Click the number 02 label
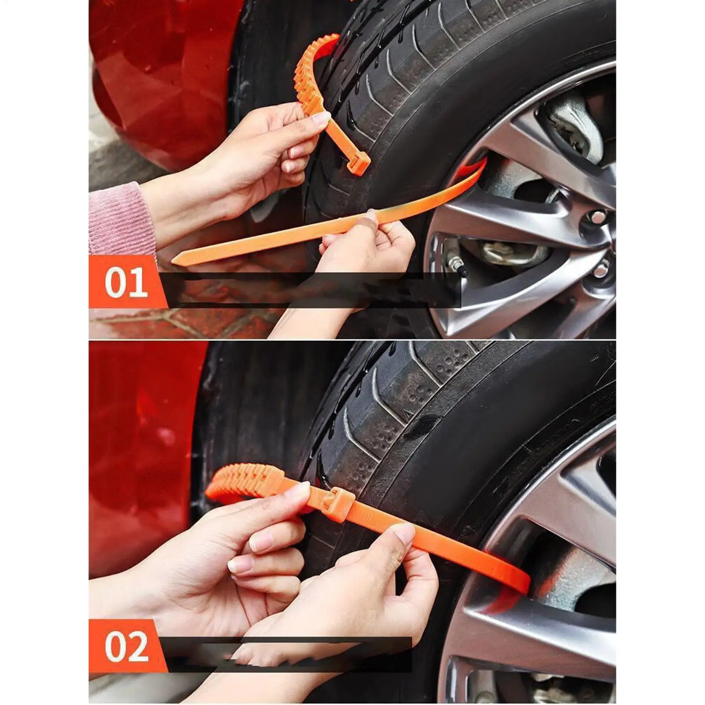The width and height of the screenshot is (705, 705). [x=126, y=646]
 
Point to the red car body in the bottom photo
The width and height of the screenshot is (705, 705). [x=137, y=440]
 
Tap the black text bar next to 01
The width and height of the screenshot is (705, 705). [x=308, y=290]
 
